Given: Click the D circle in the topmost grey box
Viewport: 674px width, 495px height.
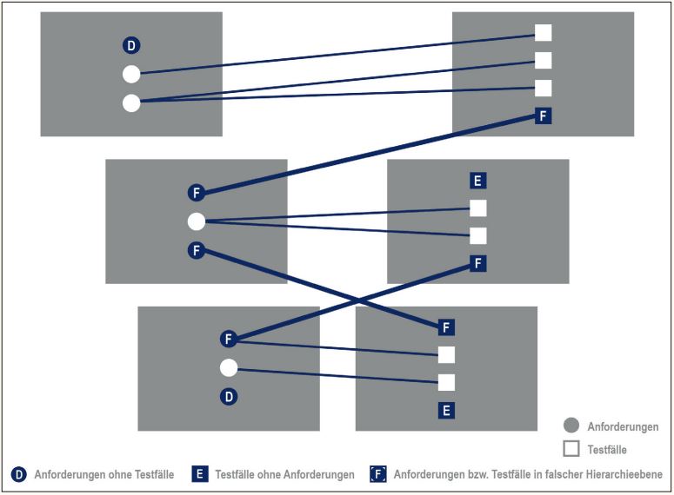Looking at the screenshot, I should (x=131, y=46).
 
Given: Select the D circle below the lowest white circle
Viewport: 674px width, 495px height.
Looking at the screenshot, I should (x=229, y=397).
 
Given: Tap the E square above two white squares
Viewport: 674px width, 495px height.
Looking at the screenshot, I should (x=477, y=181).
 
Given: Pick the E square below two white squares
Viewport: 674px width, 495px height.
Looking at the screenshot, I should (x=446, y=410).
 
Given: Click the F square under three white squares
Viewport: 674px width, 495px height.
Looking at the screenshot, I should (x=544, y=115).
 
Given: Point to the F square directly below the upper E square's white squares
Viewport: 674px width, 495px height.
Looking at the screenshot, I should (x=477, y=263).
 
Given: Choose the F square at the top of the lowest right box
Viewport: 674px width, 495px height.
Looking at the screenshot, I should (x=446, y=327).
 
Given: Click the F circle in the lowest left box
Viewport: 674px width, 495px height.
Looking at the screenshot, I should (x=229, y=339).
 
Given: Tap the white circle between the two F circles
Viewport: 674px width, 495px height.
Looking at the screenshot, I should (x=197, y=221).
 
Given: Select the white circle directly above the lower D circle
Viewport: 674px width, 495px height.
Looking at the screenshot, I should (x=229, y=368).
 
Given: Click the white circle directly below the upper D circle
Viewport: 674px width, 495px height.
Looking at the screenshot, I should (x=131, y=75).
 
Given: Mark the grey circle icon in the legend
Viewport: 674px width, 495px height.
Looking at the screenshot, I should (x=571, y=426).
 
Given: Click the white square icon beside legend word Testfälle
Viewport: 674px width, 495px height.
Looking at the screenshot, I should (x=571, y=449).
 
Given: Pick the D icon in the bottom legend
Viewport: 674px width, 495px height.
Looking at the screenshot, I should (x=18, y=474).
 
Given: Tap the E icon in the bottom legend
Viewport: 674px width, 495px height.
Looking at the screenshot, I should (x=199, y=474).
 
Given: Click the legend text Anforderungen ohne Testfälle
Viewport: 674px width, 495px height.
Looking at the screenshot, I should (x=103, y=475).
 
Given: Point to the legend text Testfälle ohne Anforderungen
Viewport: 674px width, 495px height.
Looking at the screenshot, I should (x=284, y=475).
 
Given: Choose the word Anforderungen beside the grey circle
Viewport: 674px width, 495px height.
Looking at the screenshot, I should (x=624, y=427).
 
